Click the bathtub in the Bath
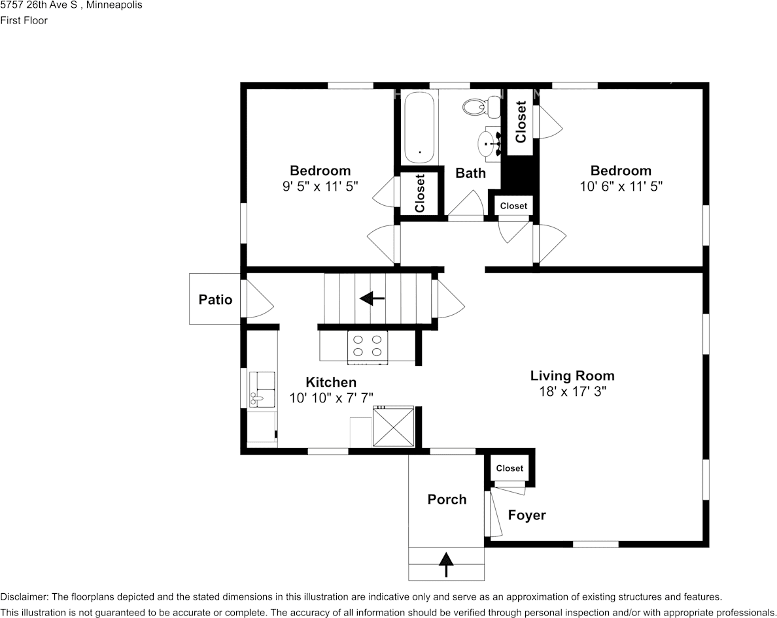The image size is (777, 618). pos(419,127)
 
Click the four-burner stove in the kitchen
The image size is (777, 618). pos(368,347)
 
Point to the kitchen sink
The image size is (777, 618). pos(262,389)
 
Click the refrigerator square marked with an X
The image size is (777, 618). pos(394,427)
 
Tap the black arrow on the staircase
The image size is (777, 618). pos(372,299)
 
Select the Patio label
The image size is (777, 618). pos(215,300)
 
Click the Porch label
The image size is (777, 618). pos(447,500)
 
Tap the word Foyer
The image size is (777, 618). pos(527,515)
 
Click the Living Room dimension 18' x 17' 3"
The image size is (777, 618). pos(572,392)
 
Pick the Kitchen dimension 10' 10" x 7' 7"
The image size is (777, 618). pos(331,398)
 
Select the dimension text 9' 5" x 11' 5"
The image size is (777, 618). pos(320,186)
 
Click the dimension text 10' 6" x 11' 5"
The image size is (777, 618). pos(621,186)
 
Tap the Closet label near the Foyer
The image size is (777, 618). pos(509,468)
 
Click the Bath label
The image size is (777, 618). pos(470,173)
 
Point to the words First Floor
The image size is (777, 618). pos(24,20)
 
